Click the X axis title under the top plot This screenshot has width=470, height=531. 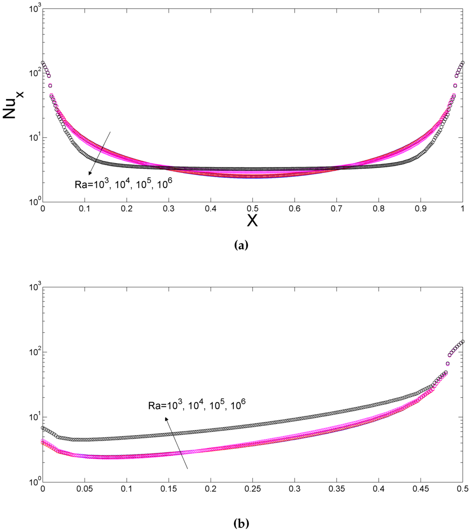[x=252, y=221]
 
